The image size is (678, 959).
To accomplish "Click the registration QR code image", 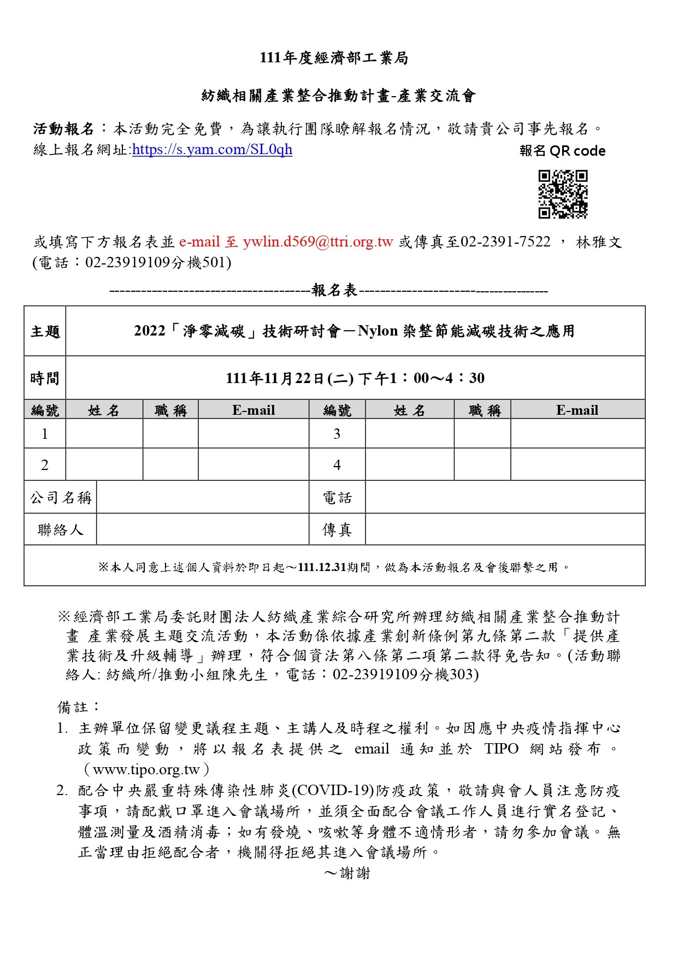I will tap(563, 194).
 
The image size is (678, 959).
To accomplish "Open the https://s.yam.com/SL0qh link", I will tap(212, 149).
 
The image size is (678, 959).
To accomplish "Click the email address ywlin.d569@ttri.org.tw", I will tap(318, 242).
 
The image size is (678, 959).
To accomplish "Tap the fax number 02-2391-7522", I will tap(505, 242).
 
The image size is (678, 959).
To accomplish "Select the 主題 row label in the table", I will tap(45, 331).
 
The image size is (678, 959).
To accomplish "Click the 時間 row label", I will tap(45, 378).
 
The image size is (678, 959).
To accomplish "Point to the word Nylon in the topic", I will tap(378, 331).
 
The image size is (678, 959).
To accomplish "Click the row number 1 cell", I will tap(45, 434).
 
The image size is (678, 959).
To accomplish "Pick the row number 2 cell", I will tap(45, 465).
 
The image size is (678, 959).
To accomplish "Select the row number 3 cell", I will tap(337, 434).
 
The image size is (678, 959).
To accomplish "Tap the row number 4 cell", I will tap(337, 465).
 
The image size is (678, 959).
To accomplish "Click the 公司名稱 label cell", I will tap(61, 498).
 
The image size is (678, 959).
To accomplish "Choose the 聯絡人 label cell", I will tap(61, 529).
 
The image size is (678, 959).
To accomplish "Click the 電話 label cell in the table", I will tap(337, 498).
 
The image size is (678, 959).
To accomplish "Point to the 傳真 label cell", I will tap(337, 529).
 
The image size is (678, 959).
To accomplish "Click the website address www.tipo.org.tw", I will tap(146, 769).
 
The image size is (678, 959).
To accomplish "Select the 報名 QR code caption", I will tap(562, 151).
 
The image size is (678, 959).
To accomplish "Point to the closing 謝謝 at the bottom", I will tap(355, 873).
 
